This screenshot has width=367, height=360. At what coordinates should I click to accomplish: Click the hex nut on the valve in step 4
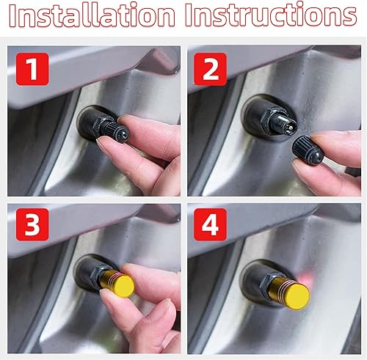click(x=256, y=274)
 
